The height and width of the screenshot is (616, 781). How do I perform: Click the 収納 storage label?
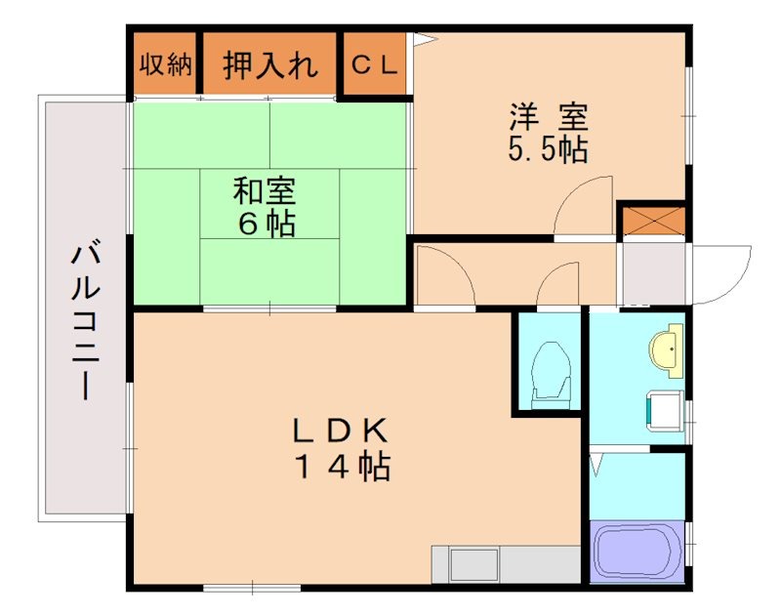(165, 65)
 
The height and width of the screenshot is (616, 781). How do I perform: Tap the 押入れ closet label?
(270, 65)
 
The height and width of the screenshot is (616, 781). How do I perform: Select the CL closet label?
(375, 65)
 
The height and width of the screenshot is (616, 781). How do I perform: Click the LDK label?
(343, 430)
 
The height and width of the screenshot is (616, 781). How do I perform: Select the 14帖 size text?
(343, 468)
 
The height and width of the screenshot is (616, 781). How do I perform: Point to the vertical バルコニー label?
(83, 323)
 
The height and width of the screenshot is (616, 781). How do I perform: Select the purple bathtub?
(637, 553)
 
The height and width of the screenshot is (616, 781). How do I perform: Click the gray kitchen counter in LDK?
(507, 564)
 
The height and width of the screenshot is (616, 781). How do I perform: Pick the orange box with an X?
(653, 220)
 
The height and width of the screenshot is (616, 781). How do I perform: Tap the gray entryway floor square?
(654, 273)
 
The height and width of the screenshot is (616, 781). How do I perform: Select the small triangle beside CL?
(421, 40)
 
